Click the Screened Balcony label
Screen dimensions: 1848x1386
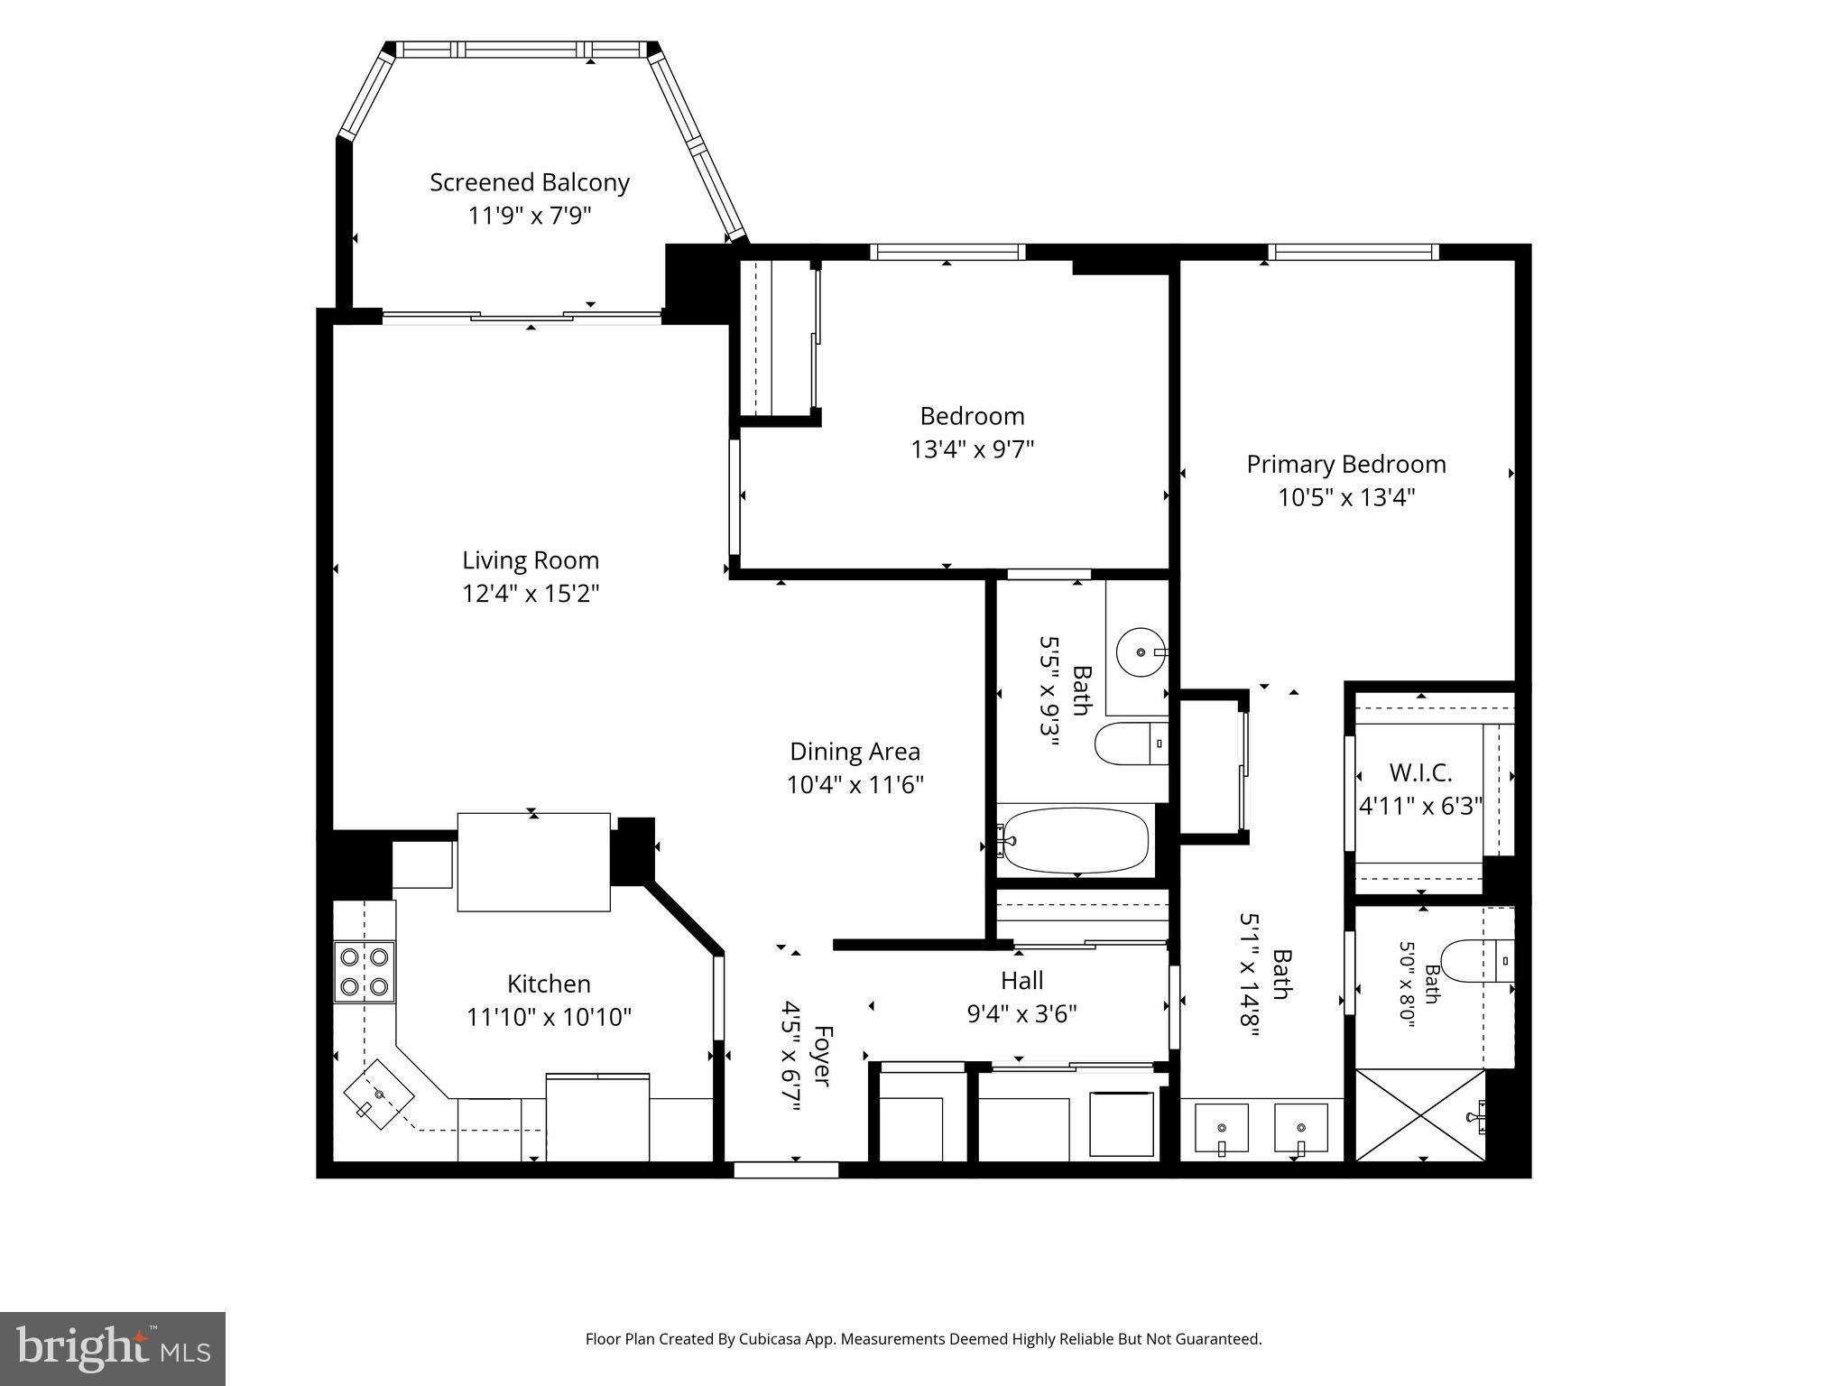pyautogui.click(x=530, y=182)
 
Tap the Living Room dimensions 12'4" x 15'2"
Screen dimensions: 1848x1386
pyautogui.click(x=531, y=594)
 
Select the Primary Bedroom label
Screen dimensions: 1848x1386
pyautogui.click(x=1346, y=464)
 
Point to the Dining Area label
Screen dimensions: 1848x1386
pyautogui.click(x=855, y=752)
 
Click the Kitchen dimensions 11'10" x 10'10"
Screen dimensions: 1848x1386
pyautogui.click(x=549, y=1017)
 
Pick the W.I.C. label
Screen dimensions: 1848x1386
pyautogui.click(x=1421, y=773)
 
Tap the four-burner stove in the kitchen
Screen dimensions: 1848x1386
pyautogui.click(x=365, y=971)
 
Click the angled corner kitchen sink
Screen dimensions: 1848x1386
pyautogui.click(x=378, y=1094)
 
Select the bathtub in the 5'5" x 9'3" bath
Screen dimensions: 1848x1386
pyautogui.click(x=1074, y=840)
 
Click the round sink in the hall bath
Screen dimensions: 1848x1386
pyautogui.click(x=1141, y=651)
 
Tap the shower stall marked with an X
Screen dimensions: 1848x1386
pyautogui.click(x=1421, y=1116)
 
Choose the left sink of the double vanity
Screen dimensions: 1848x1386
pyautogui.click(x=1221, y=1129)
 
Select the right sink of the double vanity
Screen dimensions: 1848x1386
pyautogui.click(x=1300, y=1129)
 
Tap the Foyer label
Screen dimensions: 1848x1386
pyautogui.click(x=822, y=1055)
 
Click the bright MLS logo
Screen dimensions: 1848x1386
pyautogui.click(x=114, y=1348)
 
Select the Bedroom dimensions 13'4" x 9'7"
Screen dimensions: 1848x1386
pyautogui.click(x=973, y=449)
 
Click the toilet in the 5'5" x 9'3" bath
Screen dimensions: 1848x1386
pyautogui.click(x=1132, y=744)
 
